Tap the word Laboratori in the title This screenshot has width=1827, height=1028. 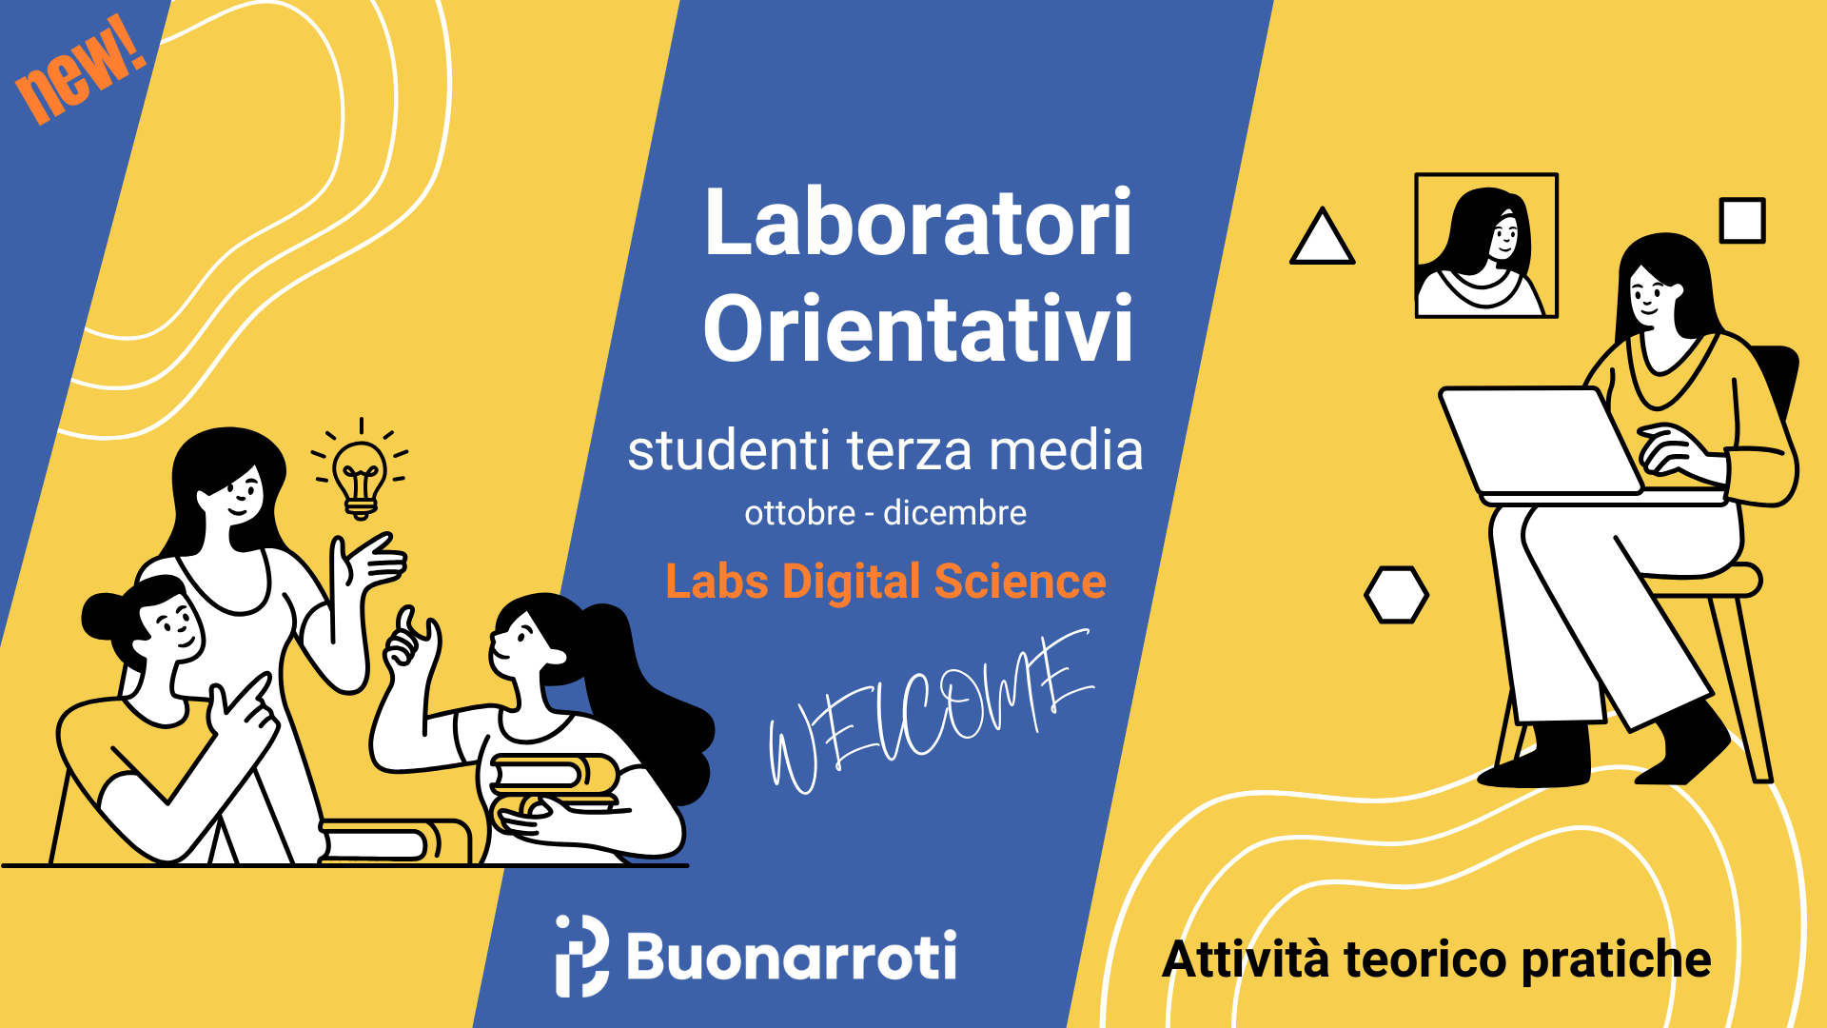[918, 223]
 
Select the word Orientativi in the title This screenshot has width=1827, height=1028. [918, 328]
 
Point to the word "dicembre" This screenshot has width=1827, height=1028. [954, 513]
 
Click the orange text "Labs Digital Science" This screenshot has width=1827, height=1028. [886, 582]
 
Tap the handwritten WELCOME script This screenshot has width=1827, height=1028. [931, 711]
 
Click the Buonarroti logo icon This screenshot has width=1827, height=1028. [581, 956]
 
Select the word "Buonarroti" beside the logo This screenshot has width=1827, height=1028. [792, 956]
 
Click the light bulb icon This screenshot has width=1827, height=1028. [360, 471]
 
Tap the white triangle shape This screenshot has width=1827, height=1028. [1322, 236]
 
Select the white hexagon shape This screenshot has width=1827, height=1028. [1396, 595]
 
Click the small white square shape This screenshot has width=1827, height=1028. [1742, 221]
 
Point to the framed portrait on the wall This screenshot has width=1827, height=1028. [1486, 246]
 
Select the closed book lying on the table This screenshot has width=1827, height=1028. [395, 840]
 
